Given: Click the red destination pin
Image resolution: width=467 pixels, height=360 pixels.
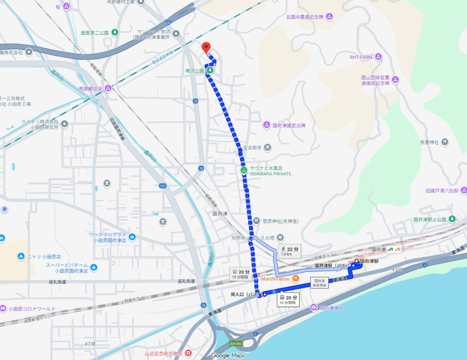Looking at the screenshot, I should click(206, 47).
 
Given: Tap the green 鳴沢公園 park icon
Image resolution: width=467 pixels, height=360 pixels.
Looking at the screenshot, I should click(211, 71).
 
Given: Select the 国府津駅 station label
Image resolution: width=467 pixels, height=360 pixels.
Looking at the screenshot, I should click(369, 261).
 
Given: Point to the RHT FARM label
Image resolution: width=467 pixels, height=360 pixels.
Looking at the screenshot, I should click(361, 57).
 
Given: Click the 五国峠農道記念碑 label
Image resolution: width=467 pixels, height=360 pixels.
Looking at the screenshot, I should click(304, 17).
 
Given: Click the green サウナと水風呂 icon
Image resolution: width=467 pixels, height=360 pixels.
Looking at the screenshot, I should click(244, 170).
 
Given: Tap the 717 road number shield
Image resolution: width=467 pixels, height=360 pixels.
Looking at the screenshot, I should click(163, 186).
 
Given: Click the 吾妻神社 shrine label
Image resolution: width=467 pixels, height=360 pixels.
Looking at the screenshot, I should click(429, 142).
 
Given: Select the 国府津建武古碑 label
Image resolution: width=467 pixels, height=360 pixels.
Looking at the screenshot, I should click(289, 125).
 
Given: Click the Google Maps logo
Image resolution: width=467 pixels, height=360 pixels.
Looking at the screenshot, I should click(228, 355).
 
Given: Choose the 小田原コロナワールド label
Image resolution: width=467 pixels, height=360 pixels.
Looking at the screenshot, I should click(31, 309).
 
